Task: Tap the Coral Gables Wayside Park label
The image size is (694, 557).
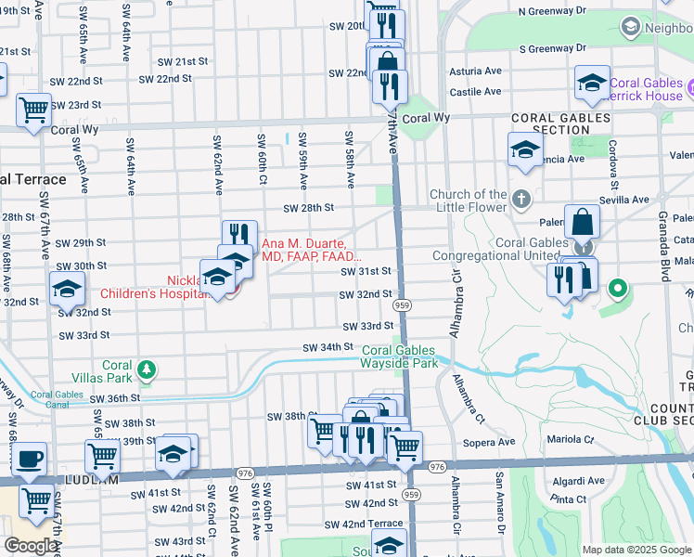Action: pos(400,357)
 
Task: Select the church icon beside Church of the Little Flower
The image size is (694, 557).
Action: pos(522,199)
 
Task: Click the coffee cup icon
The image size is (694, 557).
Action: pos(29,458)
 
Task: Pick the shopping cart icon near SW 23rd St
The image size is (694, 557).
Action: pos(34,108)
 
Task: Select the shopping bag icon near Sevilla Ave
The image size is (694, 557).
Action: pos(582,222)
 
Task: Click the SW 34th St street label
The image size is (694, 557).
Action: pos(328,346)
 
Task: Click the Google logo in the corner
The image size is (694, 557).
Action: pos(32,547)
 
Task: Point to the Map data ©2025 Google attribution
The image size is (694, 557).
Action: pos(636,550)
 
